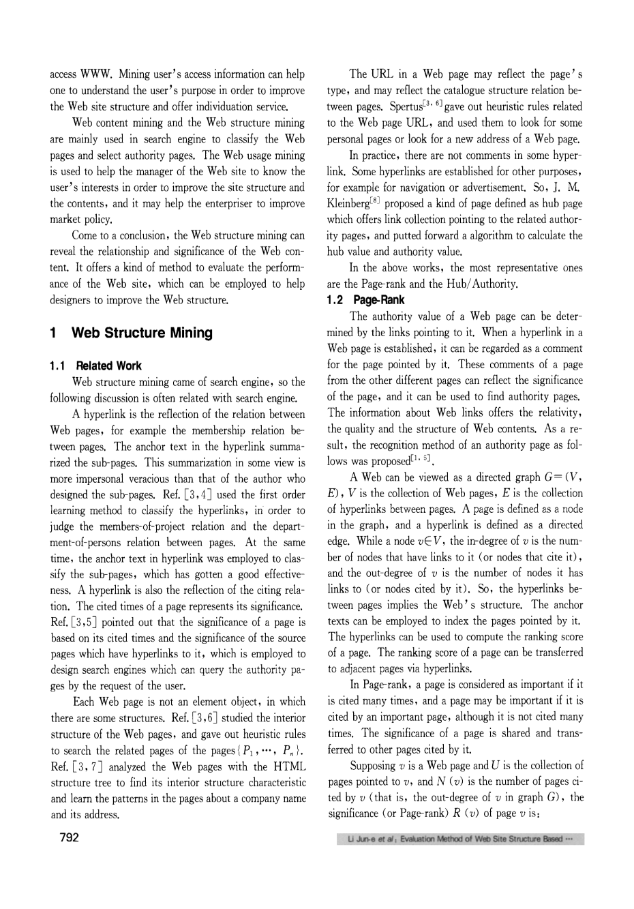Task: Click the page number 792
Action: tap(65, 837)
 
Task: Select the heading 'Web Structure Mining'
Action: tap(142, 333)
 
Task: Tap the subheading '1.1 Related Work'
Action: tap(96, 366)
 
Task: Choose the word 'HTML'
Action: tap(288, 766)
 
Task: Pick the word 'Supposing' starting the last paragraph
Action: tap(374, 766)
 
